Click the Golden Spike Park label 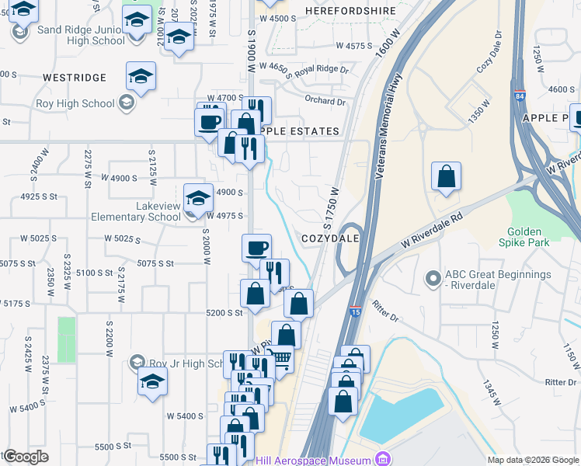tap(528, 237)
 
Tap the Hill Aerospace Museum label tap(315, 459)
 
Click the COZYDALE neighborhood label tap(330, 238)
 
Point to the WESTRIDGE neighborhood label tap(75, 78)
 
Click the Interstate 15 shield tap(355, 311)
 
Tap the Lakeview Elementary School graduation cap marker tap(198, 197)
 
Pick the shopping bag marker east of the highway tap(446, 176)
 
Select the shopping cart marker tap(280, 359)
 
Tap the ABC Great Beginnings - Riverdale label tap(497, 280)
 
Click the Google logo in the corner tap(26, 457)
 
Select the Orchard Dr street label tap(325, 101)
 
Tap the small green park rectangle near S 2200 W tap(67, 339)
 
